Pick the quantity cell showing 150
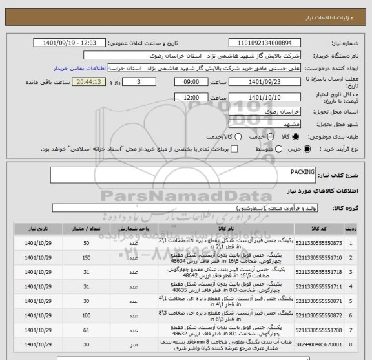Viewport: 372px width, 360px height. (86, 258)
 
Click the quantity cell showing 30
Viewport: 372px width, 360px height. (86, 346)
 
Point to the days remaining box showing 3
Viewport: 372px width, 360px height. (141, 83)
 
